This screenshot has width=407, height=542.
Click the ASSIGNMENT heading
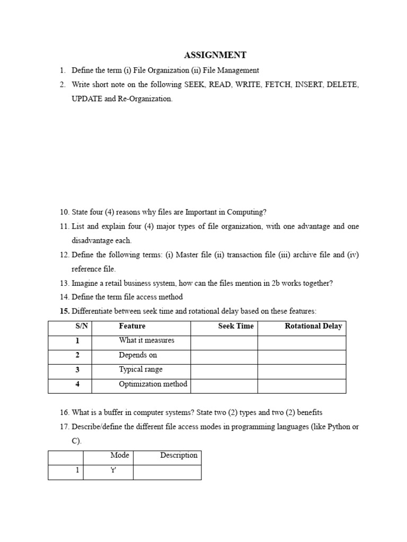point(215,55)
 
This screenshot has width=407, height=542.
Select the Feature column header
point(132,326)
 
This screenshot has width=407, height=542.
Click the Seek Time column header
point(236,326)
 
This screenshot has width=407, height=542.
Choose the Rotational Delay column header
point(313,326)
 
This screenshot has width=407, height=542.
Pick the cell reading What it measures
point(146,340)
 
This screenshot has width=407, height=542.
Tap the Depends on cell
point(138,355)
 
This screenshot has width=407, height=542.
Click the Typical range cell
point(140,369)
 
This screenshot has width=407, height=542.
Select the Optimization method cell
point(153,384)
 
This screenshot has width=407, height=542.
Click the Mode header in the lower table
point(120,455)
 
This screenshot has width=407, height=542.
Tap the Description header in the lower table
point(179,455)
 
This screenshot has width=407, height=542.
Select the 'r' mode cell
point(113,471)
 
